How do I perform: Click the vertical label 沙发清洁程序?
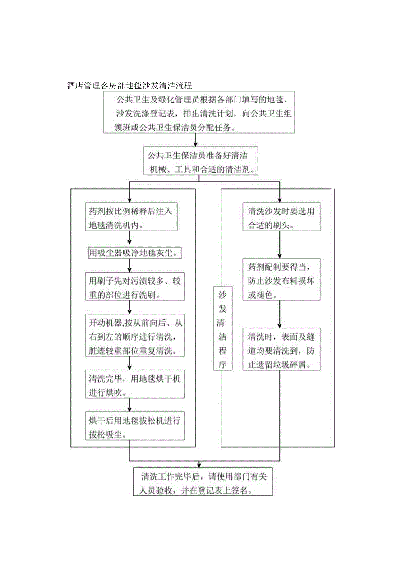222,328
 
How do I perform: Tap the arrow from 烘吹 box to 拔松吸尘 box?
129,405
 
